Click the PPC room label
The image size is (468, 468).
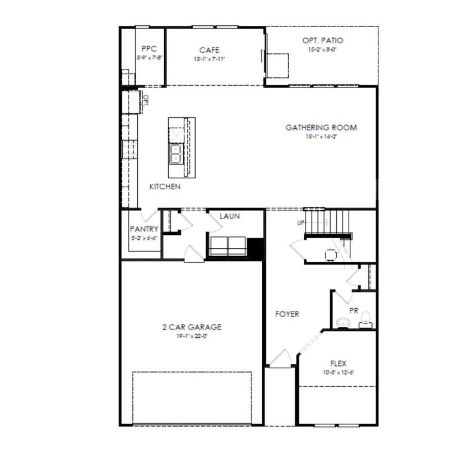click(149, 49)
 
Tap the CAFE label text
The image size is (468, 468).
click(209, 50)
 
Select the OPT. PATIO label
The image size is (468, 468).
click(322, 40)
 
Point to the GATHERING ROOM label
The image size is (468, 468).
click(321, 128)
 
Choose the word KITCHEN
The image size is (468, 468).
click(165, 187)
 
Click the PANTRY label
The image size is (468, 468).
click(143, 229)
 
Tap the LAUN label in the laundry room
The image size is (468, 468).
click(230, 216)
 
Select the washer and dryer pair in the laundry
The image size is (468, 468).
click(228, 246)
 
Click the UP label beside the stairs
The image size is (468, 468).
click(300, 223)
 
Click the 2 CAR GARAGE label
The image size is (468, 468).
click(192, 327)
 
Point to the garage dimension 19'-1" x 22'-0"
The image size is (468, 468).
click(192, 336)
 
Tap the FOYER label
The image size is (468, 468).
click(287, 314)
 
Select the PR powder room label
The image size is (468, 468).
click(354, 310)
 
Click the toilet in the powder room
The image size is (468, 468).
click(365, 319)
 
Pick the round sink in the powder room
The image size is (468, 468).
click(343, 322)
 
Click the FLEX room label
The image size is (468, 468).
click(338, 364)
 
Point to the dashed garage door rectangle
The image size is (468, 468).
click(192, 397)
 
